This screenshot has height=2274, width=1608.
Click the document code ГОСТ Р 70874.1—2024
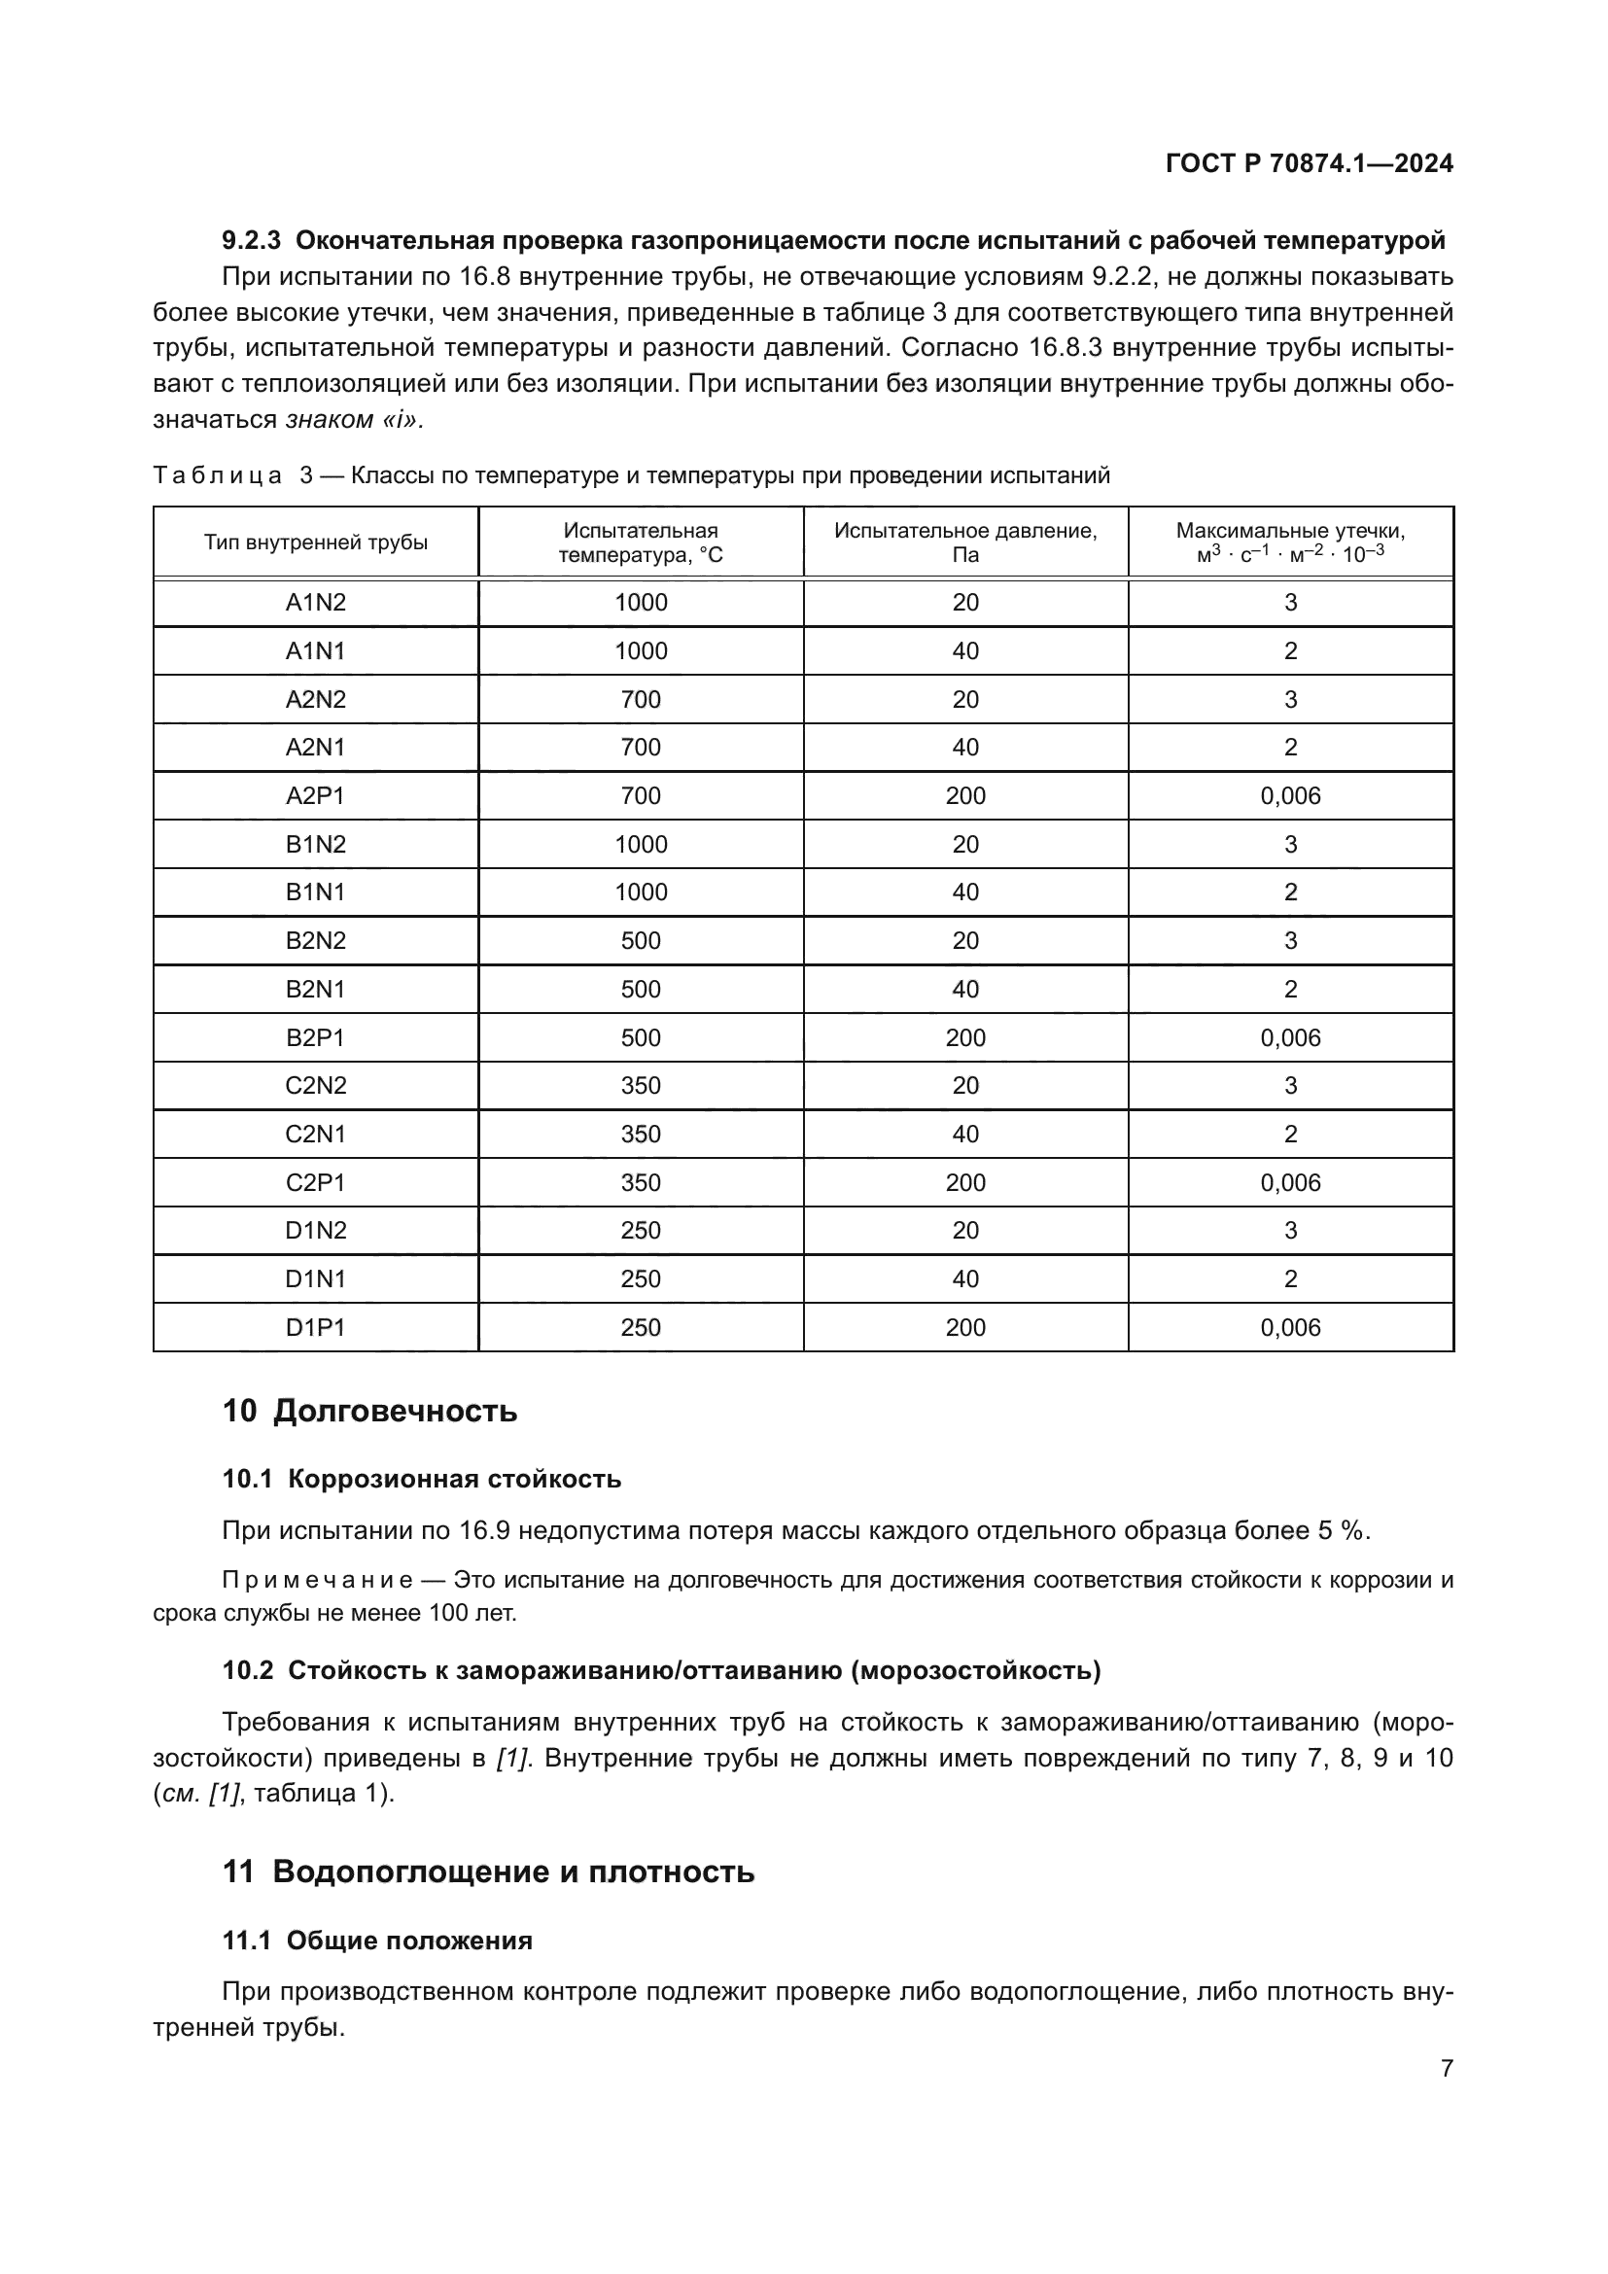point(1309,163)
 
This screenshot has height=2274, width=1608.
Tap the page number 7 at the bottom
point(1446,2068)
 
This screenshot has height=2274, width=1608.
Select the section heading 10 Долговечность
point(369,1411)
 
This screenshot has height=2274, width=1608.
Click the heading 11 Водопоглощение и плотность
point(488,1872)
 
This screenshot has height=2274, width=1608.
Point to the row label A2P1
point(315,795)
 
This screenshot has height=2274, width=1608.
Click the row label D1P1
point(315,1327)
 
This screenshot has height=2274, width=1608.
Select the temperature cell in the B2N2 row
point(641,940)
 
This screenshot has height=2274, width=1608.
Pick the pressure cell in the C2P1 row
point(965,1182)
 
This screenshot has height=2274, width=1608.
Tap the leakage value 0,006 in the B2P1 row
point(1290,1037)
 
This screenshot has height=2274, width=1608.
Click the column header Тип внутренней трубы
point(316,542)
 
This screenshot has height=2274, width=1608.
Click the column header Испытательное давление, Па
point(965,542)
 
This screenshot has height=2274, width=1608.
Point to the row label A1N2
point(315,602)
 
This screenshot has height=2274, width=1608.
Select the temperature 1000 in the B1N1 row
point(641,892)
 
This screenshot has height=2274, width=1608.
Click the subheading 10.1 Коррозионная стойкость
point(422,1479)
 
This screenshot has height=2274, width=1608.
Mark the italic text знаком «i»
point(355,420)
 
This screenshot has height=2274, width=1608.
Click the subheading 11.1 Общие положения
point(377,1941)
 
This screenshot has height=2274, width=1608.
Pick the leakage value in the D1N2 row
point(1290,1230)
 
